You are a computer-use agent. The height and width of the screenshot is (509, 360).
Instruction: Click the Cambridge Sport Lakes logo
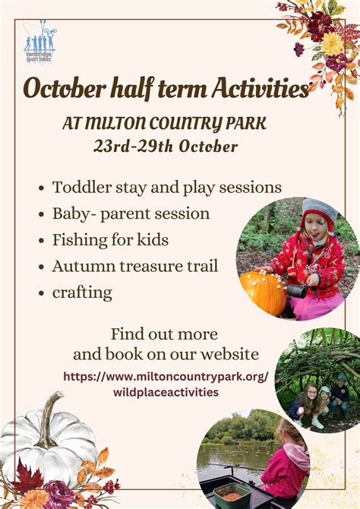click(40, 42)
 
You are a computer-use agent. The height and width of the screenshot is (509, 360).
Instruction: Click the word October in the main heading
click(65, 88)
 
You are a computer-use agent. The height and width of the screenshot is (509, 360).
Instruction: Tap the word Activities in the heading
click(261, 87)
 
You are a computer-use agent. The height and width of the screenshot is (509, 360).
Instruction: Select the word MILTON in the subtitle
click(117, 123)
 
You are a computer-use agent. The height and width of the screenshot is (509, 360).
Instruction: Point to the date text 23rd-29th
click(134, 146)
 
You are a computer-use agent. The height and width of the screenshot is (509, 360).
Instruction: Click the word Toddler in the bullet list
click(82, 188)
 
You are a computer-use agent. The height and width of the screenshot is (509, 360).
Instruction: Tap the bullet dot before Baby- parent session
click(41, 214)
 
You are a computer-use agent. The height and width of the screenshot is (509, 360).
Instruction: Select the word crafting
click(82, 292)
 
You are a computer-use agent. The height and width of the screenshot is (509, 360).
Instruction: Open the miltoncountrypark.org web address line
click(166, 377)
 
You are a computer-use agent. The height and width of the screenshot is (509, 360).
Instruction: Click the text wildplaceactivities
click(166, 392)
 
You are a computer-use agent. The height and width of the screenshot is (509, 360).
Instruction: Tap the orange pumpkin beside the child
click(263, 292)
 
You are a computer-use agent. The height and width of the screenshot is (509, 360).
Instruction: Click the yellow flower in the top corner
click(333, 43)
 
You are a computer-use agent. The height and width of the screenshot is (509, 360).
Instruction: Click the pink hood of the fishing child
click(296, 454)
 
